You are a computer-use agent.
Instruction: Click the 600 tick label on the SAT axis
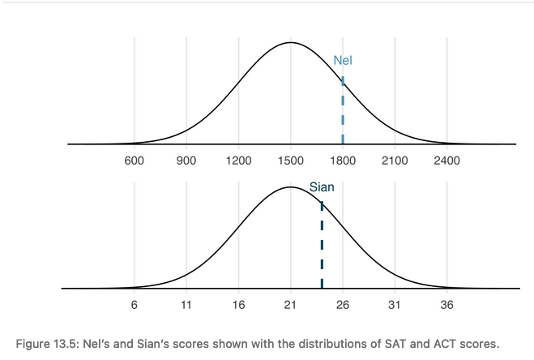135,161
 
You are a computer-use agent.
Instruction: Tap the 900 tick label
186,161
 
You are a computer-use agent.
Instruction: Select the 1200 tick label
238,161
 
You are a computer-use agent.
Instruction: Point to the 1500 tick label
291,161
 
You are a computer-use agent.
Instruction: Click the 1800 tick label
343,161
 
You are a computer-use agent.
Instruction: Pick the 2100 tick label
395,161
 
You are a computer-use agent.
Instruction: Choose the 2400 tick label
446,161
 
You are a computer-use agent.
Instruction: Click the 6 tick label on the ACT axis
135,305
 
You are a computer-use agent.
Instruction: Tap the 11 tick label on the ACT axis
186,305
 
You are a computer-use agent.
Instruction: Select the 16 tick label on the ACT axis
238,305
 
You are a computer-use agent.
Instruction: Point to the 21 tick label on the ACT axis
291,305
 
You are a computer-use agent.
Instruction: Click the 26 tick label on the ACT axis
343,305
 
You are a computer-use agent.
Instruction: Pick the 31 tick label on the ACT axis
395,305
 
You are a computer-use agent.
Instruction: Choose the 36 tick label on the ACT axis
446,305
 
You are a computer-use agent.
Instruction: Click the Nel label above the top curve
343,60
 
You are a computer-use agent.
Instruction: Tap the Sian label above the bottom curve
322,187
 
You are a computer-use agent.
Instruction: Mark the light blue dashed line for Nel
343,114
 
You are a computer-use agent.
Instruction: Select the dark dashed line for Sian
322,243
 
